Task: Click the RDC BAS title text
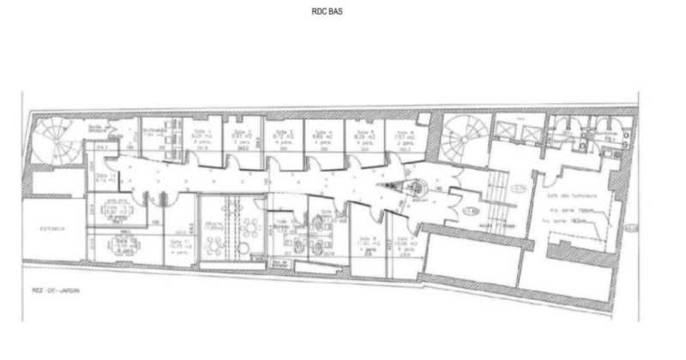pyautogui.click(x=330, y=13)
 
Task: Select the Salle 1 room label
pyautogui.click(x=202, y=132)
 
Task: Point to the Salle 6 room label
pyautogui.click(x=400, y=132)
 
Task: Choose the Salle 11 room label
pyautogui.click(x=178, y=245)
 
